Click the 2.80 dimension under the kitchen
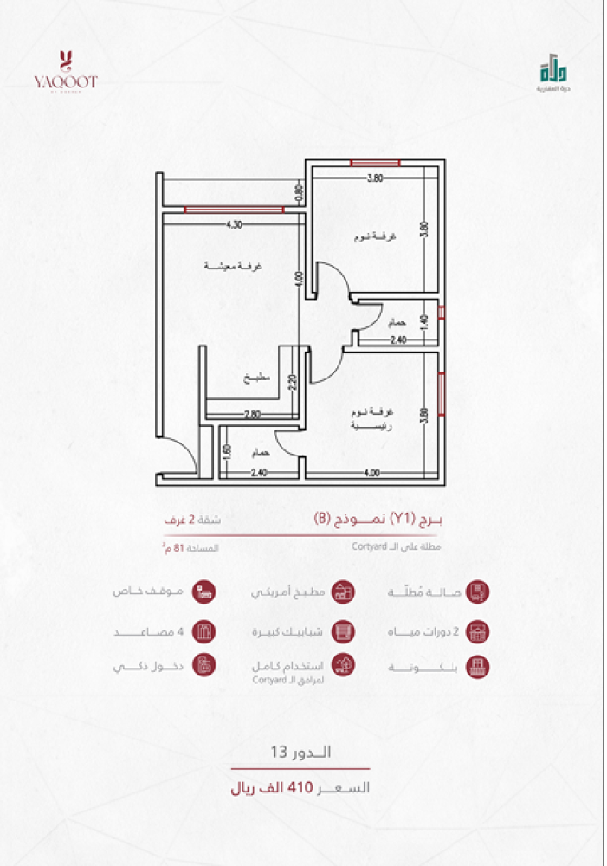pos(252,415)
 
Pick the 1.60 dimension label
pos(226,451)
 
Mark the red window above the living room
pos(234,208)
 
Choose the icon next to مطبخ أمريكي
pos(343,592)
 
